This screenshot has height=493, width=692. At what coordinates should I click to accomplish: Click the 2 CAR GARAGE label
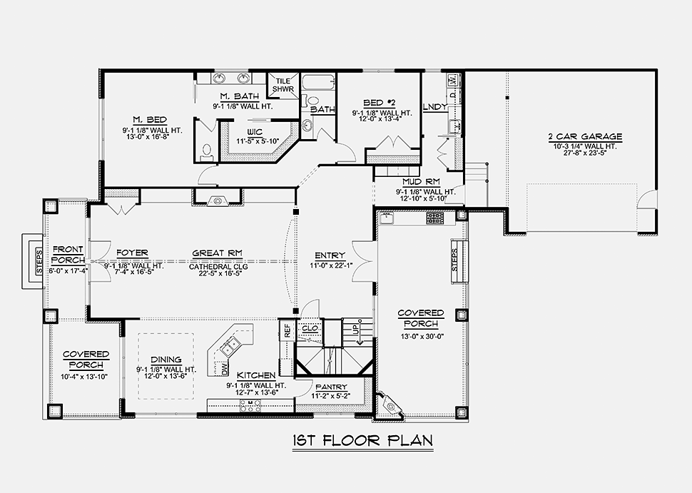click(585, 137)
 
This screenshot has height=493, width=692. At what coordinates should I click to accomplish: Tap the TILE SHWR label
click(283, 85)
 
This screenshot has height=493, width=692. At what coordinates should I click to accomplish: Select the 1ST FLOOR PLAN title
click(363, 441)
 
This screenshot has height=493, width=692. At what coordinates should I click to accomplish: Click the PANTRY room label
click(331, 387)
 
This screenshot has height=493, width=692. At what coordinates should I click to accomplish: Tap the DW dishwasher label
click(224, 370)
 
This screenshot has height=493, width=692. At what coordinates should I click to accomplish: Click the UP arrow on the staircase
click(360, 333)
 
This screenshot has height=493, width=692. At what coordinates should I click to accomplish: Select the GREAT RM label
click(217, 253)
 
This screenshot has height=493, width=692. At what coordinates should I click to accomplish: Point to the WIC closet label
click(255, 133)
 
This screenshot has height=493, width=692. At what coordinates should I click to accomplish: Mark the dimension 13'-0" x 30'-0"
click(421, 336)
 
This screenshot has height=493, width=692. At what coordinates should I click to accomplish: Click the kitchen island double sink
click(230, 345)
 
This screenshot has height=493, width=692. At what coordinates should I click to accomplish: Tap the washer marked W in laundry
click(453, 81)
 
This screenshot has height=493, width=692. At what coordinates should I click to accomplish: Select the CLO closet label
click(310, 328)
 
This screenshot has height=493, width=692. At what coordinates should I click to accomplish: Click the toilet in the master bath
click(207, 151)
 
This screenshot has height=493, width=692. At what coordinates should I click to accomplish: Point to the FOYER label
click(133, 253)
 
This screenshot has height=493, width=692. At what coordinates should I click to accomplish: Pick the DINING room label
click(166, 360)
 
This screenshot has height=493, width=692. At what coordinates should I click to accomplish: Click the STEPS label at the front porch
click(39, 261)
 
